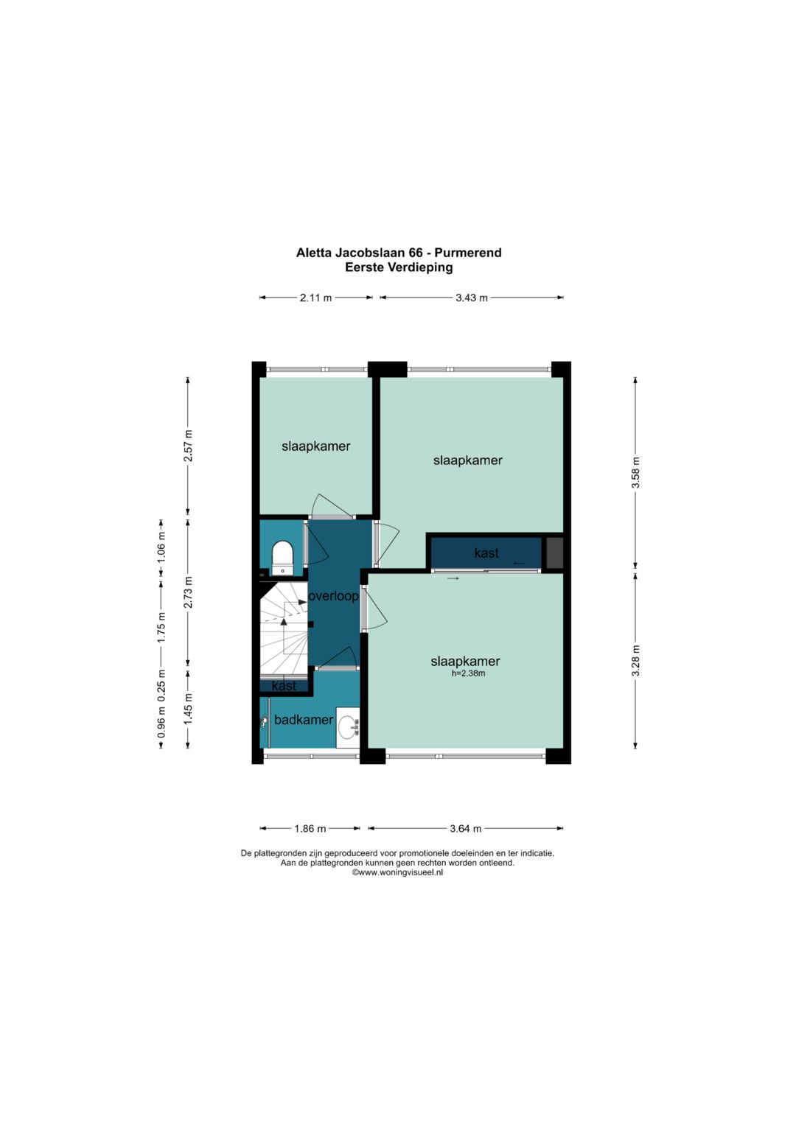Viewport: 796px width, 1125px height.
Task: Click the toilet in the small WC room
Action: [282, 558]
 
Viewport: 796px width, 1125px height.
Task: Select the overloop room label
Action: [333, 596]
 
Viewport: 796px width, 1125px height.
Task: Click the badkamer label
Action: [304, 720]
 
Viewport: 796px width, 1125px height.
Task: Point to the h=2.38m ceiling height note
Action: [468, 673]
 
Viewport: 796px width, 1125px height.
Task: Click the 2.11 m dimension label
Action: [315, 298]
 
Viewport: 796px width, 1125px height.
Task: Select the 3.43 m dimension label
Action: [472, 298]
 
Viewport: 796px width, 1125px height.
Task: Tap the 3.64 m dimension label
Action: [465, 829]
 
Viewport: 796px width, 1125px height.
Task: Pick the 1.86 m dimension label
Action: [310, 829]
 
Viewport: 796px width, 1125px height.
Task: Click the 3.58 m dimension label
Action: [635, 472]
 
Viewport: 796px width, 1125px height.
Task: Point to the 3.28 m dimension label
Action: [635, 660]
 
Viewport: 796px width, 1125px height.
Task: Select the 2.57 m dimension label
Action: [188, 446]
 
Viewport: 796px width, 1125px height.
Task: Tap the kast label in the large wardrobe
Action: [486, 553]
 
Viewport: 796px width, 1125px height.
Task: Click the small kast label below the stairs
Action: [284, 686]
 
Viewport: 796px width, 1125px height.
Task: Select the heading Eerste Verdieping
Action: [399, 267]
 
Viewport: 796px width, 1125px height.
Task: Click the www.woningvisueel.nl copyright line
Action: [397, 872]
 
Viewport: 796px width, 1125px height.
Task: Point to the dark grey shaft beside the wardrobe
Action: [554, 553]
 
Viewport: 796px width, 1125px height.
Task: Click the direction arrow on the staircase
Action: [284, 621]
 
